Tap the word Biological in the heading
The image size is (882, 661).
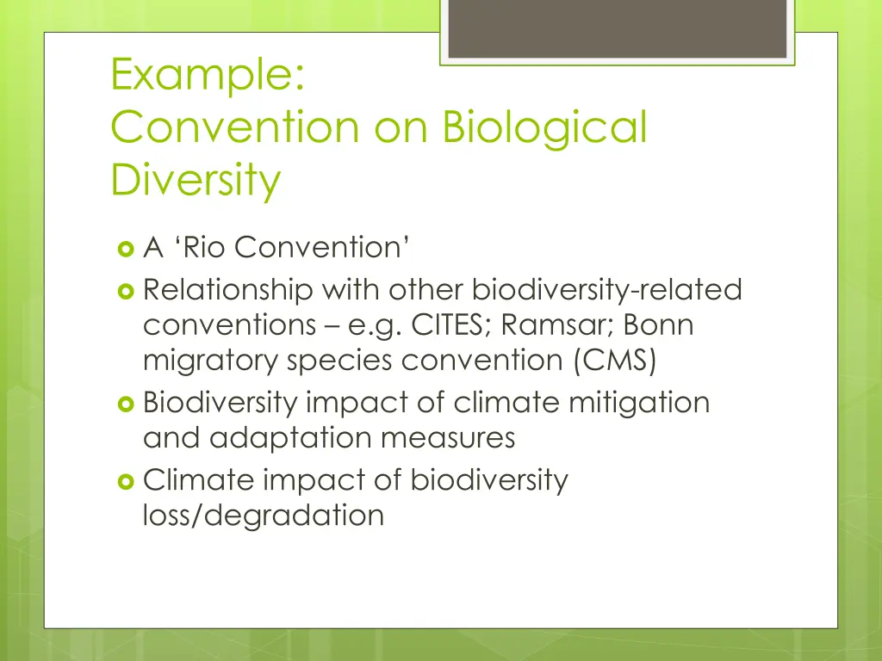click(543, 127)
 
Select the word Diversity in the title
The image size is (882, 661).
click(196, 180)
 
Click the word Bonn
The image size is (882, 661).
click(660, 326)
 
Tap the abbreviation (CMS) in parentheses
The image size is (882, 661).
click(614, 361)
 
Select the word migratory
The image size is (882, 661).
click(210, 361)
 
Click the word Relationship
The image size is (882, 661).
click(228, 290)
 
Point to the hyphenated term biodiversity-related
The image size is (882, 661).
click(607, 290)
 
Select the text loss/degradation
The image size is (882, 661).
click(264, 516)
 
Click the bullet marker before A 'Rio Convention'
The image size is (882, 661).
click(125, 249)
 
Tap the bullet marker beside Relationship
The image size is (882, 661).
click(125, 291)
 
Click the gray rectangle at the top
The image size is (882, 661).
click(617, 28)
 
